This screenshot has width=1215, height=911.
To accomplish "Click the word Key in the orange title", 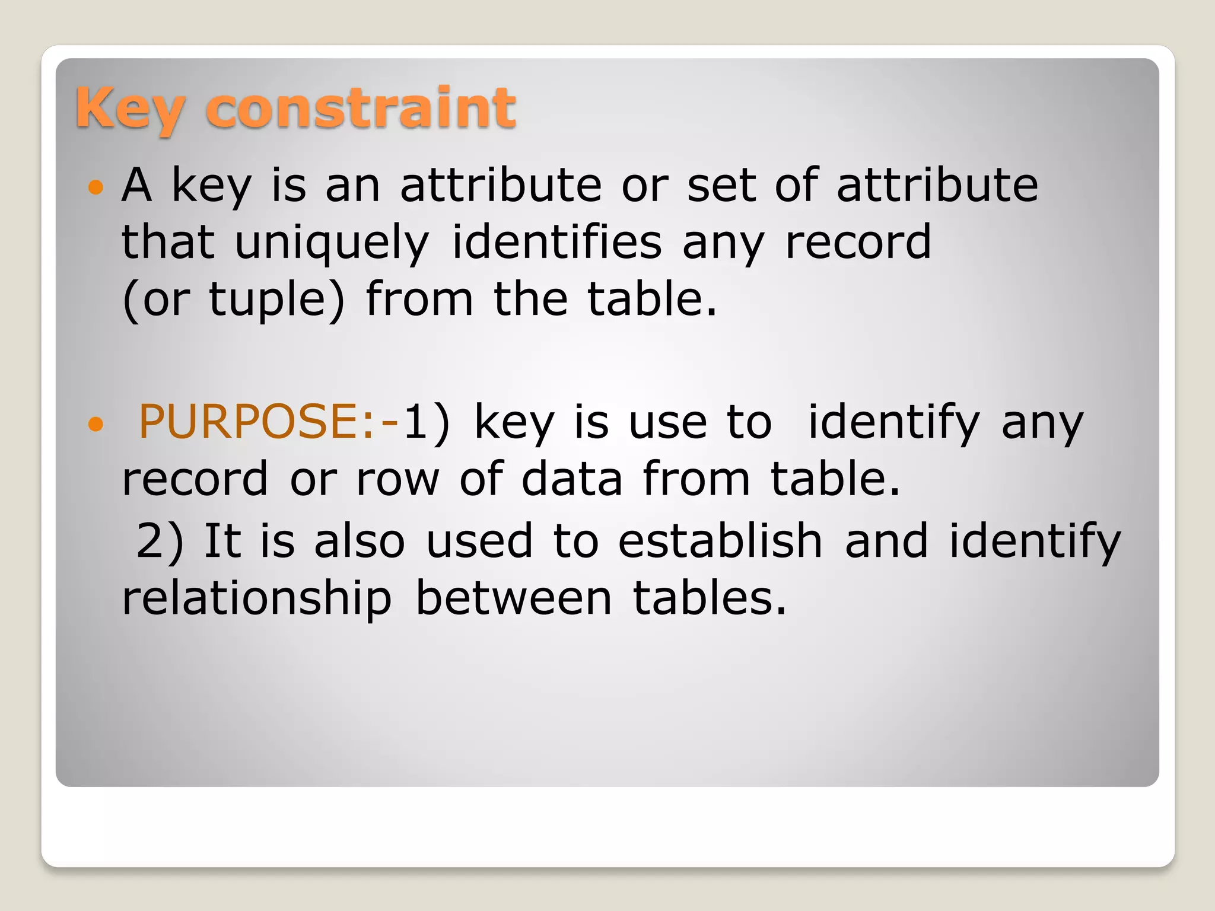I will click(129, 108).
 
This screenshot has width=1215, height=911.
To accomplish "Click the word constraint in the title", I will click(361, 108).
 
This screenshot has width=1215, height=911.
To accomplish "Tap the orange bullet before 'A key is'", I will click(95, 188).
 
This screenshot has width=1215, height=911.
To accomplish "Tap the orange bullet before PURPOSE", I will click(95, 423).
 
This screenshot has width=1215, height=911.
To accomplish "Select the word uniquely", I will click(332, 243).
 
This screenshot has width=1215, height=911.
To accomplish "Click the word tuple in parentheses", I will click(267, 300).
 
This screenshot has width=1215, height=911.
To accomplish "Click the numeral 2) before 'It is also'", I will click(159, 541).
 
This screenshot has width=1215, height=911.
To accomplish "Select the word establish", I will click(720, 540).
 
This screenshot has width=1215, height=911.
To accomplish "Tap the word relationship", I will click(256, 598).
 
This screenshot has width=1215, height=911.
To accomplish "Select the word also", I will click(359, 540).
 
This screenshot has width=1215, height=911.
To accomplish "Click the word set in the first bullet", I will click(720, 185).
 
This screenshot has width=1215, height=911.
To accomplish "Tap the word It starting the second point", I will click(222, 540).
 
